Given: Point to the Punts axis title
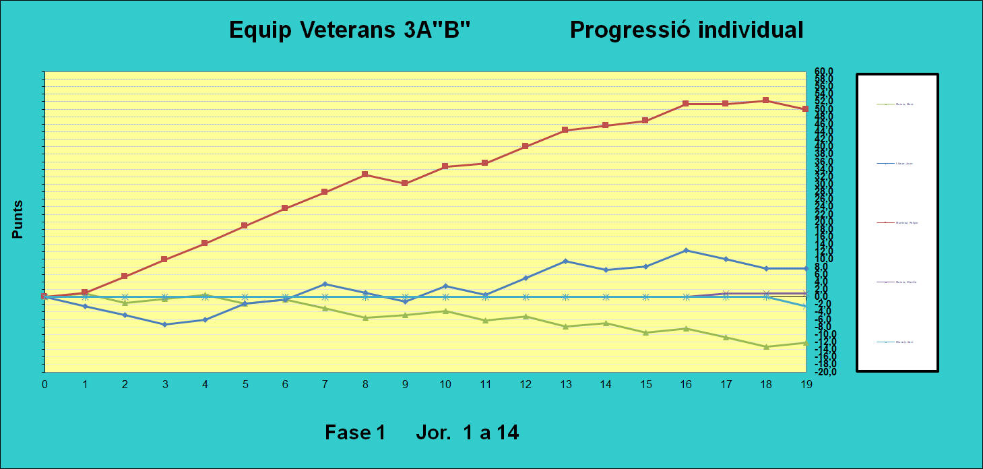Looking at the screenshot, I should tap(18, 219).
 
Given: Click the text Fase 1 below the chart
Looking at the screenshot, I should tap(354, 432).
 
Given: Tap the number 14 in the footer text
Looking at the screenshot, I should tap(508, 432).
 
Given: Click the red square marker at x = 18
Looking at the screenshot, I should tap(765, 100).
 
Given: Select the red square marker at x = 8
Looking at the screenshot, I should tap(364, 175).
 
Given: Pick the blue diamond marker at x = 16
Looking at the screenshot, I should tap(686, 251).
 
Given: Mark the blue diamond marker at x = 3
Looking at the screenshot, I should tap(164, 325).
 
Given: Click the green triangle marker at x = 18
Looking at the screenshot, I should tap(765, 346).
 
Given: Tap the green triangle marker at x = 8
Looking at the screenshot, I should tap(364, 317).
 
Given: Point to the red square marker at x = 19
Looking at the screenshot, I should tap(805, 109).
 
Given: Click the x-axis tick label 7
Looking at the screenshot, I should tap(325, 384).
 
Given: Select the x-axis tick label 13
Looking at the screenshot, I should tap(565, 384).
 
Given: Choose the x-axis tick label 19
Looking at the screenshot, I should tap(806, 384).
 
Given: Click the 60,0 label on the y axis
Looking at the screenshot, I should tap(825, 71).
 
